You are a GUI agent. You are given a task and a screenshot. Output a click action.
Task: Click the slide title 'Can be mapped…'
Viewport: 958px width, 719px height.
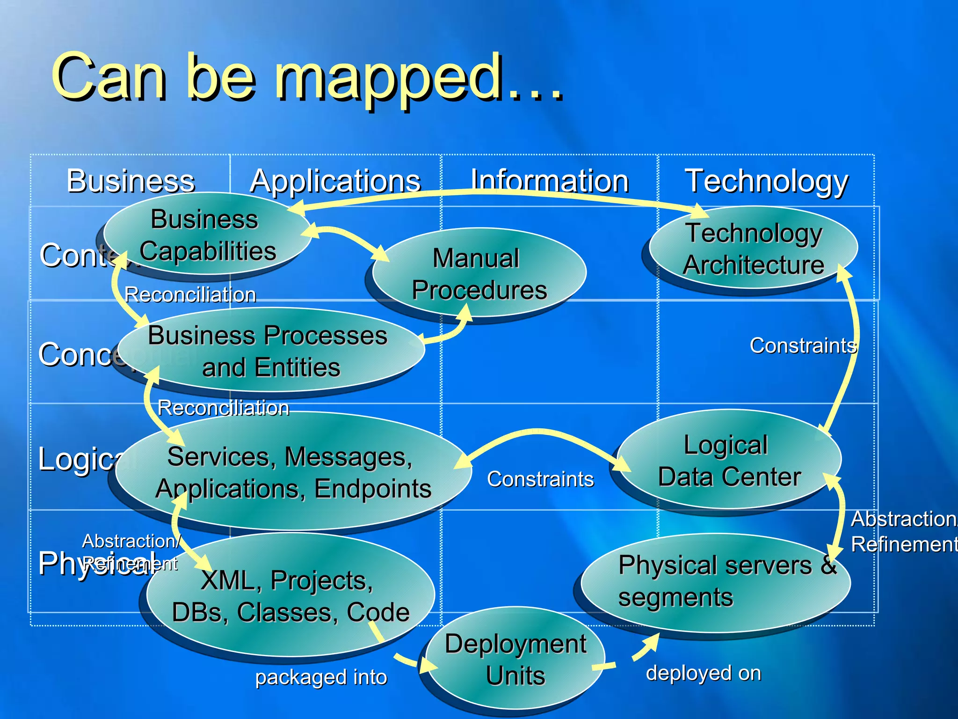[306, 77]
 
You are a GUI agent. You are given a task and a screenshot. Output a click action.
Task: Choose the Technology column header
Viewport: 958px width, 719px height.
[766, 182]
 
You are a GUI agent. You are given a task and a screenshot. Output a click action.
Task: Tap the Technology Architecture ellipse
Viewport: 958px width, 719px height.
[753, 249]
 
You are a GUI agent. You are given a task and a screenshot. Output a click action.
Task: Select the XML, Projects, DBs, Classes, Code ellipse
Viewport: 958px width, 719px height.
[290, 595]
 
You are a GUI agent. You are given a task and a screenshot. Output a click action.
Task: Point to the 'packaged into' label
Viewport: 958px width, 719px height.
[321, 677]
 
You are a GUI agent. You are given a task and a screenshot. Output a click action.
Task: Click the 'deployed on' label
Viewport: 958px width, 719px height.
[703, 673]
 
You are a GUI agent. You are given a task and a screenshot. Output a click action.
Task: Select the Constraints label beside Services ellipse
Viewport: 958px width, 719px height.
[540, 479]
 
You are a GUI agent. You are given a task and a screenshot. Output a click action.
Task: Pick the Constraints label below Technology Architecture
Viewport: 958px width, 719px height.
[803, 345]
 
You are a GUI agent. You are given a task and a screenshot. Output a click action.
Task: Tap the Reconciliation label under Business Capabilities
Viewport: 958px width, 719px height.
[190, 295]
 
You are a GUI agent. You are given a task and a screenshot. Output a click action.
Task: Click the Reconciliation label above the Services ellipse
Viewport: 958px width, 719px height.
[223, 408]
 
